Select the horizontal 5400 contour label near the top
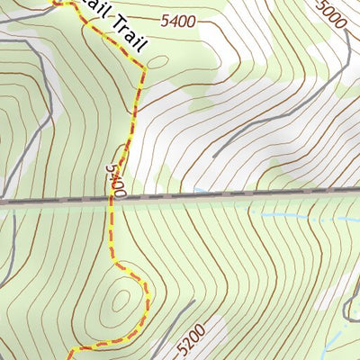[178, 21]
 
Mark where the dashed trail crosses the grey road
[112, 201]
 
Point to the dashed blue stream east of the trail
[288, 217]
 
